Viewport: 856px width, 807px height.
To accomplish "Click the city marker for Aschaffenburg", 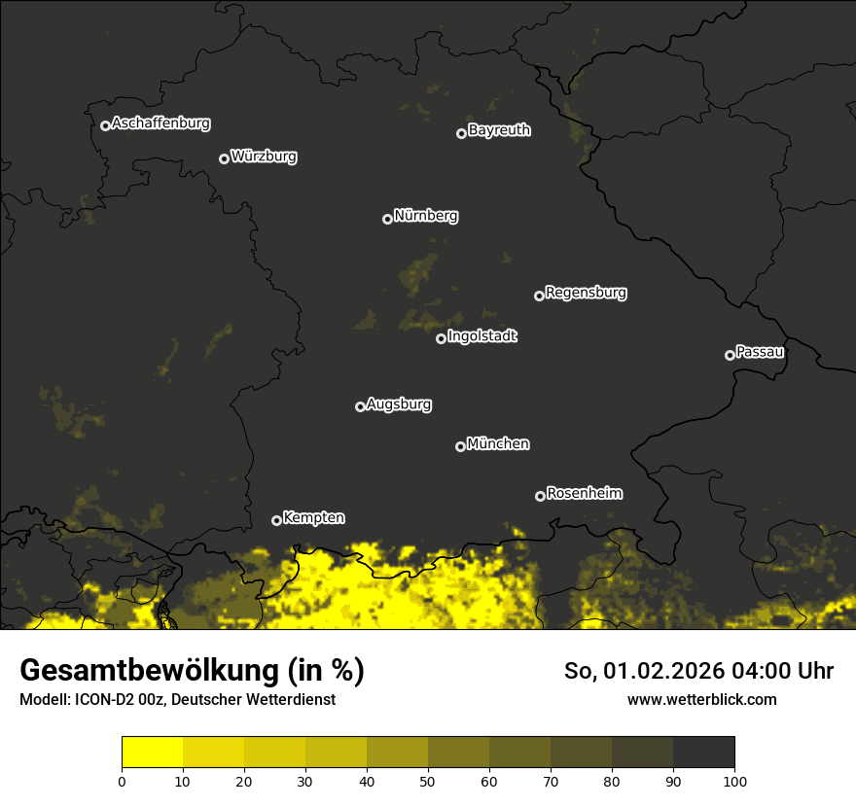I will pos(105,125).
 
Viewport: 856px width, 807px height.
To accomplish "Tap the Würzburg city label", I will pos(264,157).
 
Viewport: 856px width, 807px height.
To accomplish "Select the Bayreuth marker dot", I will pos(461,133).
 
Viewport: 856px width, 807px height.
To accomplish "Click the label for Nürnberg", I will pos(426,216).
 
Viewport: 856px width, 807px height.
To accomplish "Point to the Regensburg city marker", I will pos(539,296).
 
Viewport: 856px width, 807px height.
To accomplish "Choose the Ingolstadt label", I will pos(482,336).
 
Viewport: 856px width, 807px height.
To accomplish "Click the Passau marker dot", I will pos(730,355).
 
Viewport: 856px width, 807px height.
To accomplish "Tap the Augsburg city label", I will pos(399,404).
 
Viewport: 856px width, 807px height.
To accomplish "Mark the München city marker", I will pos(460,447).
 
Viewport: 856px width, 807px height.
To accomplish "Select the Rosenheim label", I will pos(584,494).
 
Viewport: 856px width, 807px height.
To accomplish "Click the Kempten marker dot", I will pos(276,520).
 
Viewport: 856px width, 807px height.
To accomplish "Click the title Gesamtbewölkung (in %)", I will pos(193,671).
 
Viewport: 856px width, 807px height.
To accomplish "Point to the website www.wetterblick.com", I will pos(702,699).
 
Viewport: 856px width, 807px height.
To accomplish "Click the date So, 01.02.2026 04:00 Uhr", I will pos(698,671).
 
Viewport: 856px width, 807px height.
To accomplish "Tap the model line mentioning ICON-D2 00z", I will pos(178,699).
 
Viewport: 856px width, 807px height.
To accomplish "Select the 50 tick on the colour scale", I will pos(428,780).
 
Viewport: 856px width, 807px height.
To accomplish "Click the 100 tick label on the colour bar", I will pos(734,780).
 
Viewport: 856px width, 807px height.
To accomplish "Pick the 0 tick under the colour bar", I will pos(122,780).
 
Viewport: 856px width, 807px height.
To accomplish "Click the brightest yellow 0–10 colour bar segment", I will pos(152,753).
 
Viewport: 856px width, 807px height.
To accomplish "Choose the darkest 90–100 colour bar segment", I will pos(704,753).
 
